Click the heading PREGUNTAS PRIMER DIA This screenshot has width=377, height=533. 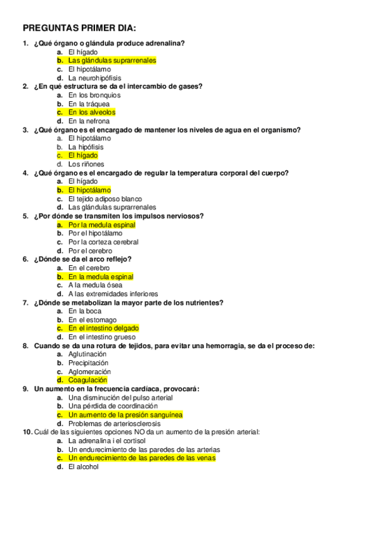tap(79, 28)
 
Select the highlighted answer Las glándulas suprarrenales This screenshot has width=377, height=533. tap(111, 60)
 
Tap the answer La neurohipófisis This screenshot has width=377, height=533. tap(94, 78)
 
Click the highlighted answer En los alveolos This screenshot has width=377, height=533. tap(92, 113)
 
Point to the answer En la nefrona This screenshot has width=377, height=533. tap(89, 121)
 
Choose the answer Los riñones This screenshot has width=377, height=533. tap(86, 164)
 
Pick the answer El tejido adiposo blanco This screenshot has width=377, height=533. tap(105, 199)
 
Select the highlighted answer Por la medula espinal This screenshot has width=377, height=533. tap(101, 224)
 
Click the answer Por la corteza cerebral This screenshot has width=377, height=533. tap(103, 242)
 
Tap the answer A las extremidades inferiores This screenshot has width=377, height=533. tap(113, 294)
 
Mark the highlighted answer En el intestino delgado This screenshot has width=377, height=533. tap(103, 328)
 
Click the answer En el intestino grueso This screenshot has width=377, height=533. tap(101, 337)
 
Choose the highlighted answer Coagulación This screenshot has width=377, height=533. tap(87, 380)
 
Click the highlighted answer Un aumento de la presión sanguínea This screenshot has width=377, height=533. tap(125, 415)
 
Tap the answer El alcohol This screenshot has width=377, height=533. tap(84, 467)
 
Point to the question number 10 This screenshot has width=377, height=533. tap(26, 432)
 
